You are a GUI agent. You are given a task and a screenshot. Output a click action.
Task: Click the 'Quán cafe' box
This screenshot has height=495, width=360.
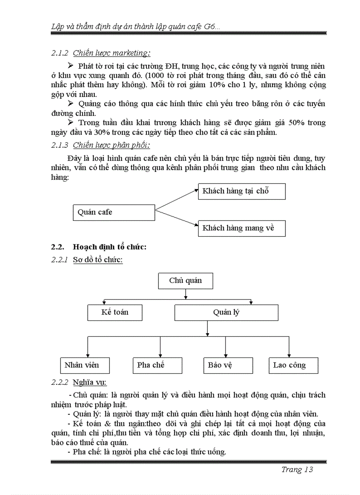[x=113, y=212]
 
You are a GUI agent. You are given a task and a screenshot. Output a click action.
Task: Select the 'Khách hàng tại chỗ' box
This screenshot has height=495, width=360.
[x=241, y=191]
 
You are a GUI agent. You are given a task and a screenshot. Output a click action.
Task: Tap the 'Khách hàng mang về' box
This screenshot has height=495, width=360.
[x=241, y=228]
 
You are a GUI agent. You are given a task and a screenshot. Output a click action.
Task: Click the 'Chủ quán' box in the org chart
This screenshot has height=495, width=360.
[x=185, y=281]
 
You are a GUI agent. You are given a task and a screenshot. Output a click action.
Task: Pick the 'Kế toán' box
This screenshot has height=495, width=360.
[x=115, y=312]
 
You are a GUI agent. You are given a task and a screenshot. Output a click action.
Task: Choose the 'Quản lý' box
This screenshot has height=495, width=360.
[x=226, y=312]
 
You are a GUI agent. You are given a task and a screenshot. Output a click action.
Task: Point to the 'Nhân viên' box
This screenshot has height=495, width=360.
[x=85, y=365]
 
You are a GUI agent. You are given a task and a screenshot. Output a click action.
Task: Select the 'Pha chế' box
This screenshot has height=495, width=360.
[x=157, y=365]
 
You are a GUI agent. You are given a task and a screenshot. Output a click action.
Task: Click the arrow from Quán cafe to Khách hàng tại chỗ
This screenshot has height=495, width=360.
[x=176, y=199]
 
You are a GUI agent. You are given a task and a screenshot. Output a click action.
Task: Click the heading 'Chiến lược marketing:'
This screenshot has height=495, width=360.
[x=111, y=53]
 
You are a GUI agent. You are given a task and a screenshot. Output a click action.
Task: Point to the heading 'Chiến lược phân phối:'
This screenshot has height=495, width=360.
[x=111, y=145]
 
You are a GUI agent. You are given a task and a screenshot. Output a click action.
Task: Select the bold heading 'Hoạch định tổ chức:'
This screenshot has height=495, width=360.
[x=109, y=247]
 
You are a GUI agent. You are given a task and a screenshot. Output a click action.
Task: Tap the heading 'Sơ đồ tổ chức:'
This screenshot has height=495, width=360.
[x=97, y=260]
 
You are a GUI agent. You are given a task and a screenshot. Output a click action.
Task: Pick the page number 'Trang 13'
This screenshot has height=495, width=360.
[x=297, y=470]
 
